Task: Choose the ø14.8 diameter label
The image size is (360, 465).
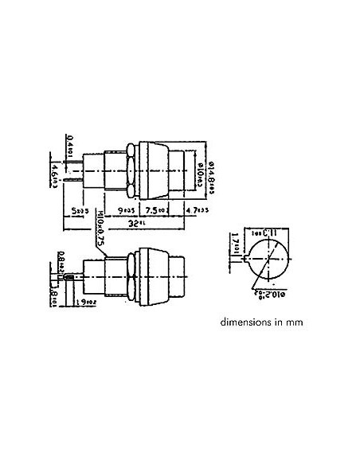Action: click(x=211, y=170)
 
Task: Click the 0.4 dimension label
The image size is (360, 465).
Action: click(x=72, y=146)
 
